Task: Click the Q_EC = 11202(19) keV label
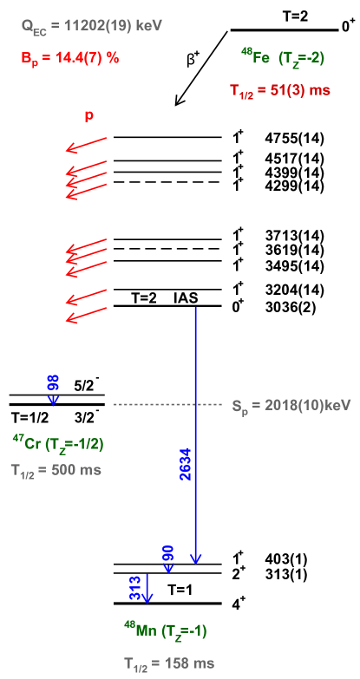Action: click(x=92, y=27)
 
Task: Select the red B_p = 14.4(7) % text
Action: click(x=69, y=58)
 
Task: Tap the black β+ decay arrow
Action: click(x=201, y=68)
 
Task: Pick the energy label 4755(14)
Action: click(x=295, y=139)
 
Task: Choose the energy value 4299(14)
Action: click(x=295, y=186)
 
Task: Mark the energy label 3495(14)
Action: click(x=295, y=266)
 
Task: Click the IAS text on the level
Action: click(x=187, y=298)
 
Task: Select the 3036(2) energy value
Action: click(x=290, y=308)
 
